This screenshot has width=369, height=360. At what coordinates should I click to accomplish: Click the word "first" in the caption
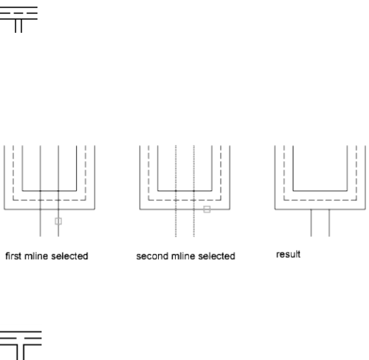(x=12, y=256)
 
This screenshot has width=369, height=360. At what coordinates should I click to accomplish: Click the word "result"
(x=288, y=255)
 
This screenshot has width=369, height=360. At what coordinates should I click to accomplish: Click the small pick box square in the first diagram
(x=58, y=221)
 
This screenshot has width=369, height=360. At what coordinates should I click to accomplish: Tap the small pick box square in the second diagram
(x=207, y=209)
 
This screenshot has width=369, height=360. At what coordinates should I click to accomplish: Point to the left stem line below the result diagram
(x=311, y=222)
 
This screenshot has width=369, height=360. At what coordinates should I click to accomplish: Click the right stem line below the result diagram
(x=329, y=222)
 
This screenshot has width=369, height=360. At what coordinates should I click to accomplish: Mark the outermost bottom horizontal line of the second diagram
(x=158, y=209)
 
